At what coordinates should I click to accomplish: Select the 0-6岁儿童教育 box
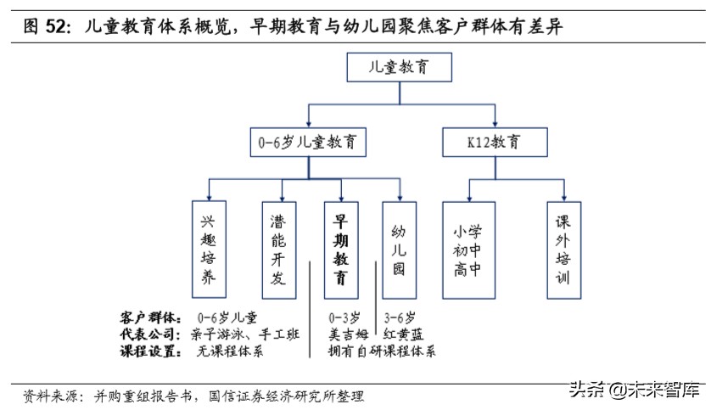[x=307, y=142]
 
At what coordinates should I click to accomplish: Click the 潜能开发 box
[x=277, y=250]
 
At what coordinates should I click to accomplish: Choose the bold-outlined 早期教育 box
[x=340, y=250]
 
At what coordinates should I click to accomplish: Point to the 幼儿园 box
[x=400, y=250]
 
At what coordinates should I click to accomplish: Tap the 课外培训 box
[x=563, y=250]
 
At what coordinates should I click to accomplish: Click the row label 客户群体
[x=151, y=317]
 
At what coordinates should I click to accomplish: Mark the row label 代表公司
[x=151, y=334]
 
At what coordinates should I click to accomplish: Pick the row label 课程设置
[x=151, y=351]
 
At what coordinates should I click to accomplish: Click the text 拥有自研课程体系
[x=383, y=351]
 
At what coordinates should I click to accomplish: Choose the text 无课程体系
[x=229, y=351]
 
